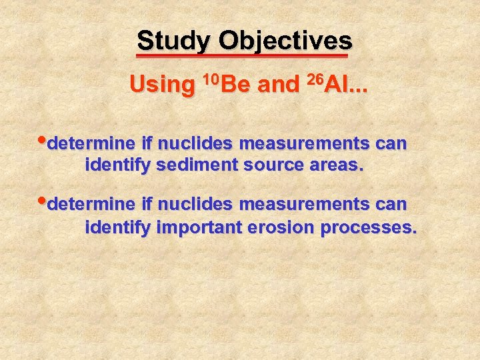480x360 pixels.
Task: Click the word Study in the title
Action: click(173, 41)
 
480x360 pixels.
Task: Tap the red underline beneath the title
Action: click(243, 56)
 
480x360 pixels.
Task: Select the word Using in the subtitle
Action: click(161, 85)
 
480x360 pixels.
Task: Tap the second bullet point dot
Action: click(45, 201)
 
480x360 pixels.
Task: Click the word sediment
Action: click(189, 166)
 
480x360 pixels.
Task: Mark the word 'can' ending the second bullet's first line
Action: click(391, 203)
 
